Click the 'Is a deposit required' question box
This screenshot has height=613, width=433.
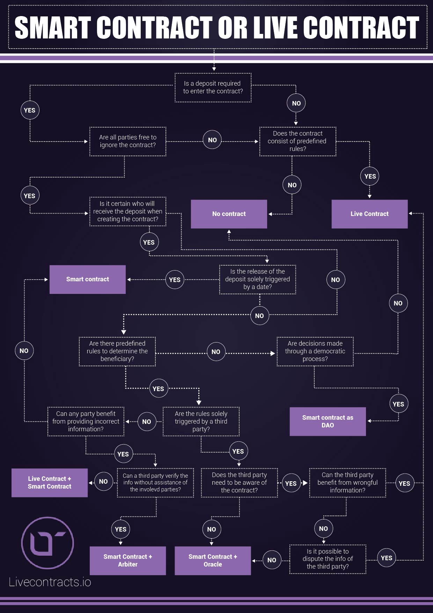pos(213,87)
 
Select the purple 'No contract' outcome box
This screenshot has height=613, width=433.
pos(229,214)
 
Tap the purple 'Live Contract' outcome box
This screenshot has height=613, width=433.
pos(369,214)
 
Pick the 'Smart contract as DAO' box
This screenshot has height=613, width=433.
pos(328,421)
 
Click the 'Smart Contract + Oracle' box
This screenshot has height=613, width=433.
pos(213,561)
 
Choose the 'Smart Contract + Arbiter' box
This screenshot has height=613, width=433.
pos(128,561)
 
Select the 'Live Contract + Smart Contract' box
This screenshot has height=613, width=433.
pos(50,483)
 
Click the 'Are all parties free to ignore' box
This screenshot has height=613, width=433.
pos(128,141)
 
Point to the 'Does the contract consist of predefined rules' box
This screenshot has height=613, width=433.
pos(298,141)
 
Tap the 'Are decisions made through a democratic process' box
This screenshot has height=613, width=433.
pos(315,351)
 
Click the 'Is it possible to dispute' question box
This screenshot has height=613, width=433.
pos(328,559)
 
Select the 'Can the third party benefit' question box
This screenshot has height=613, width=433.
pos(347,483)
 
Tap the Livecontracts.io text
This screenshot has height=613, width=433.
pos(50,582)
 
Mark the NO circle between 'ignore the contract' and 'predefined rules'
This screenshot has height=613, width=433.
pos(212,140)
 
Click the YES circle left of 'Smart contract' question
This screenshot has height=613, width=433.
pos(175,280)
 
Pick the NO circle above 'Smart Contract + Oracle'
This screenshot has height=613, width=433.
pos(212,529)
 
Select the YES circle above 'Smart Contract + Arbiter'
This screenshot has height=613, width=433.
pos(120,529)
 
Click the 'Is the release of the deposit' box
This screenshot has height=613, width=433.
pos(257,279)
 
